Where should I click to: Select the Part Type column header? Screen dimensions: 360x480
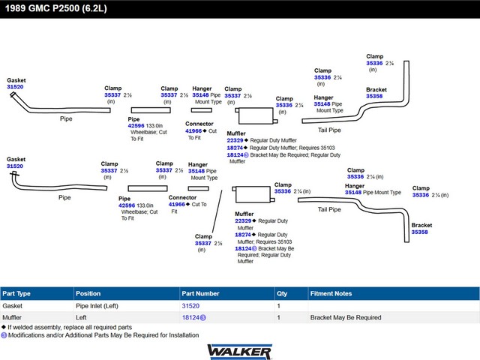click(16, 293)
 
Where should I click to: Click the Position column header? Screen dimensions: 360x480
click(88, 293)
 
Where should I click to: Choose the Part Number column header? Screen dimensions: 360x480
click(199, 293)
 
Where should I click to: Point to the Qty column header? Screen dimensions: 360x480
click(282, 293)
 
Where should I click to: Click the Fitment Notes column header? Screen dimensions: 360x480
click(331, 293)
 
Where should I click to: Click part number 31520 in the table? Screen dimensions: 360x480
click(190, 306)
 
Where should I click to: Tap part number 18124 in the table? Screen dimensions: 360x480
click(190, 318)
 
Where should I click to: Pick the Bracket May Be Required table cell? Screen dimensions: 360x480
click(346, 318)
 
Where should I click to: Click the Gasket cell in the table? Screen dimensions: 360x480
click(13, 306)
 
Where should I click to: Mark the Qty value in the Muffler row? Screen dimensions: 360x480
click(279, 318)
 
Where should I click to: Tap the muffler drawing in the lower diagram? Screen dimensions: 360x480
click(252, 196)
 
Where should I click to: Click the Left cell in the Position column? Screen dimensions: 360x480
click(82, 318)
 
